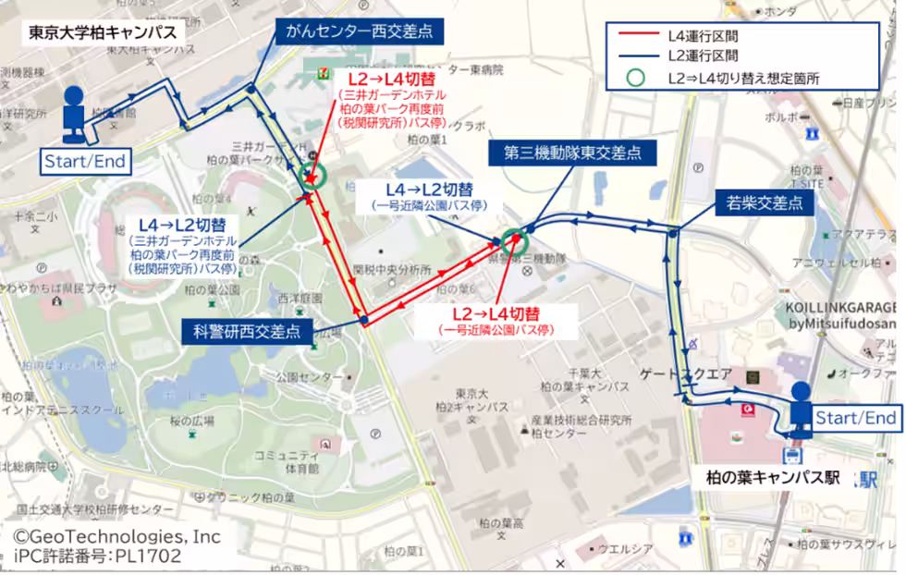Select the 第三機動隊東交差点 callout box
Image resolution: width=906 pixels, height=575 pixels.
(x=572, y=153)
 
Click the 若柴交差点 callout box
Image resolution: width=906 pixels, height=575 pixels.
(x=764, y=203)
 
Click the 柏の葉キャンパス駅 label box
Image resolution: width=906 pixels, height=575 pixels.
(x=773, y=477)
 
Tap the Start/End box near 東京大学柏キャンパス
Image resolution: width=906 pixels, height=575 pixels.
(x=84, y=162)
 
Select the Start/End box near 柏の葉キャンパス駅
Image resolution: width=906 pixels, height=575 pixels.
(x=855, y=418)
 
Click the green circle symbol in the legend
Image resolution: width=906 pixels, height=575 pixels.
(x=636, y=78)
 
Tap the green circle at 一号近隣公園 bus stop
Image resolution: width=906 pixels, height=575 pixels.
(x=514, y=241)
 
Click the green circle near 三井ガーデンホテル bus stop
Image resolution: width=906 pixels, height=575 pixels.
(x=312, y=177)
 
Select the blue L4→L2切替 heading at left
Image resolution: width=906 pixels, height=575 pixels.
(x=182, y=225)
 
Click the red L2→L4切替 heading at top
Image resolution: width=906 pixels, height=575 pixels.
(x=393, y=80)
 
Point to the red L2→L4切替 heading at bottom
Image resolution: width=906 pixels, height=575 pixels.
(x=496, y=313)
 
